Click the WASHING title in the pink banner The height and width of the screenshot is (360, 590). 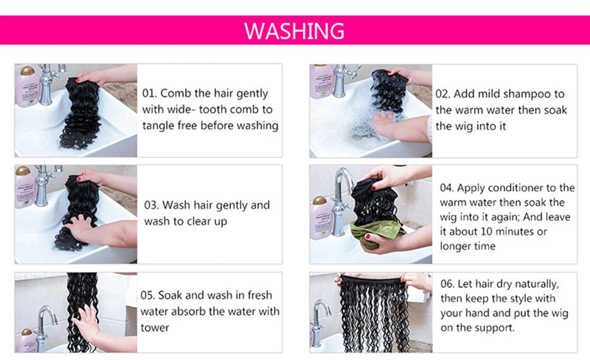pyautogui.click(x=294, y=31)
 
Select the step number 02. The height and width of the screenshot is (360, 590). pyautogui.click(x=442, y=94)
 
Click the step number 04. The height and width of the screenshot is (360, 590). pyautogui.click(x=447, y=187)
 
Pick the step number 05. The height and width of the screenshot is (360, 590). pyautogui.click(x=148, y=295)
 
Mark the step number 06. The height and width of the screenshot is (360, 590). pyautogui.click(x=447, y=284)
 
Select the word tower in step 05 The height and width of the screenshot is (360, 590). pyautogui.click(x=155, y=328)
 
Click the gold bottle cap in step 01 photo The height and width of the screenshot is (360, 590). pyautogui.click(x=27, y=70)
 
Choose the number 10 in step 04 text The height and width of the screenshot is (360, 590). pyautogui.click(x=486, y=232)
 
